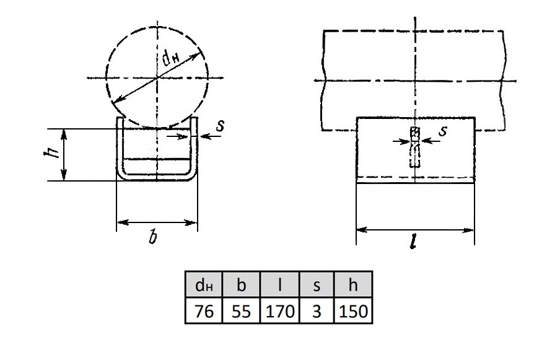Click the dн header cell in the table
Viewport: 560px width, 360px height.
[x=204, y=284]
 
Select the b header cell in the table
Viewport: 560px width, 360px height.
[x=242, y=284]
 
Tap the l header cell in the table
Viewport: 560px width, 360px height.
[x=280, y=284]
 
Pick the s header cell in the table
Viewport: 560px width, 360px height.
[x=317, y=284]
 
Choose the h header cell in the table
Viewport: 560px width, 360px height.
[x=353, y=284]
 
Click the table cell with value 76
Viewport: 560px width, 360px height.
[x=204, y=310]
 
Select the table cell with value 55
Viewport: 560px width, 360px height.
[x=242, y=310]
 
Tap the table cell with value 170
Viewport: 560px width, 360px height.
[x=280, y=310]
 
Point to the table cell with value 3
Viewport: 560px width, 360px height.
[x=317, y=310]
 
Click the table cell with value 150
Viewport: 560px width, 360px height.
[x=353, y=310]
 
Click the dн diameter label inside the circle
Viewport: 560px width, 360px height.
[x=171, y=58]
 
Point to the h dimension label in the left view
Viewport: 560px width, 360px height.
[x=50, y=153]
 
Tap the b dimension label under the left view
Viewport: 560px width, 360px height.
[x=153, y=237]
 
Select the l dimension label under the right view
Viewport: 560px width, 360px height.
[x=413, y=242]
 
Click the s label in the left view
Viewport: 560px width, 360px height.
[x=221, y=125]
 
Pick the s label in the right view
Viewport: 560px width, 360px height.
[x=442, y=131]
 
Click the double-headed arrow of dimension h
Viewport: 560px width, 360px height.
[x=64, y=155]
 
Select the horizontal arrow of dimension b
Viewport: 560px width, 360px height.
[x=157, y=223]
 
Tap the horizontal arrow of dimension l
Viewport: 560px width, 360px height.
[x=415, y=230]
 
